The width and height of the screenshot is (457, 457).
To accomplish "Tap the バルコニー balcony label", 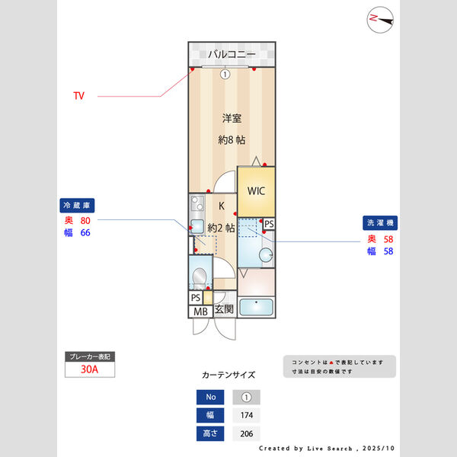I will [x=232, y=55].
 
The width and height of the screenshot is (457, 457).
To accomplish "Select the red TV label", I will [x=78, y=96].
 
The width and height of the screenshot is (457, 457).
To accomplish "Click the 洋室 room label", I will [x=232, y=118].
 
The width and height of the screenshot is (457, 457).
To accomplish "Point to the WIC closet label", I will [x=255, y=190].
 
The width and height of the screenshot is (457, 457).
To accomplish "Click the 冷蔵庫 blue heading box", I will [x=77, y=206].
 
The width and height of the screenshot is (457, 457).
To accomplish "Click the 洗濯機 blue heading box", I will [x=380, y=223].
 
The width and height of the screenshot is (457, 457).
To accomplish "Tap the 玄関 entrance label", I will [x=223, y=309].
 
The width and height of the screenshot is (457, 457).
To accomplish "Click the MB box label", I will [x=200, y=311].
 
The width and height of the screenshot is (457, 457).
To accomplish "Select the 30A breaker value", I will [x=91, y=370].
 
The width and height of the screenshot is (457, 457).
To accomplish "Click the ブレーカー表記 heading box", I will [x=91, y=356].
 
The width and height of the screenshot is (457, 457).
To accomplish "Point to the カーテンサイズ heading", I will [x=228, y=375].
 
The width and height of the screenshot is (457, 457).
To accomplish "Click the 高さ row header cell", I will [x=210, y=433].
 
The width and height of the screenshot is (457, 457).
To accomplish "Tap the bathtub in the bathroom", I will [x=257, y=307].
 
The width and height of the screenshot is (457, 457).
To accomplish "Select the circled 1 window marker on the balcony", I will [x=225, y=74].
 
